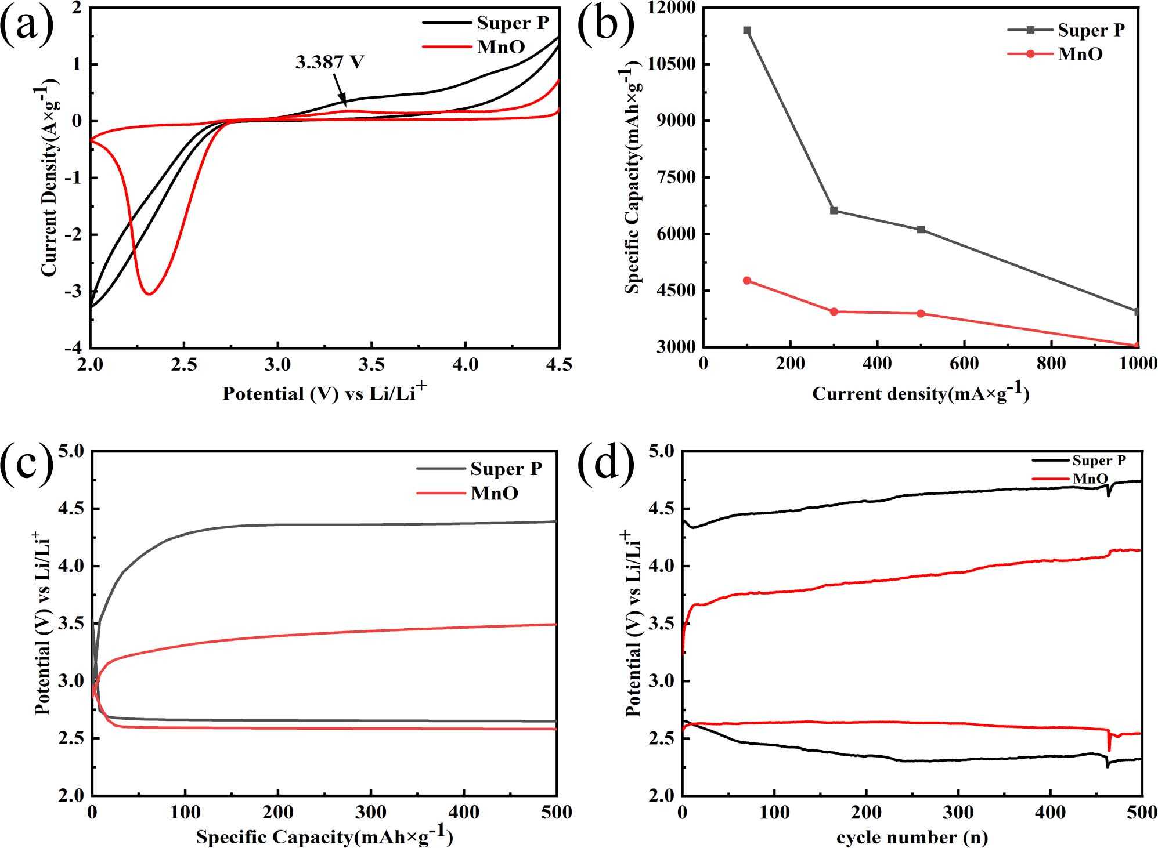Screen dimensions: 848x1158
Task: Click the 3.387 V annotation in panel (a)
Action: point(329,62)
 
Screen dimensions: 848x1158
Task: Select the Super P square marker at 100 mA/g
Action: point(747,30)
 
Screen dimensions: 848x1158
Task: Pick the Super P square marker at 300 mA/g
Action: point(834,211)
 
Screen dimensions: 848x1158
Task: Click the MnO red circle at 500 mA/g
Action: point(921,314)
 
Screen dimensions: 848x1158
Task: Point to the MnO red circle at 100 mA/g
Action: point(747,281)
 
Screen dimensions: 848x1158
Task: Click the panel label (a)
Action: point(27,26)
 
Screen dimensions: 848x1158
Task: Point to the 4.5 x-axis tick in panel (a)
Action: point(558,364)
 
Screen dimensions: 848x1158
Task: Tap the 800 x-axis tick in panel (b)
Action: point(1051,364)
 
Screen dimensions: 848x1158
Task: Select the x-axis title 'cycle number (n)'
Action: point(912,836)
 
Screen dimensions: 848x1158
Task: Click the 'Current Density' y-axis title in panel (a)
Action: point(49,180)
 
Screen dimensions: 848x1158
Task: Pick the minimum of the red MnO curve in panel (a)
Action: point(149,294)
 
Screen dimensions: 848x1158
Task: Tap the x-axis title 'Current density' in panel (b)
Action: point(920,393)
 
